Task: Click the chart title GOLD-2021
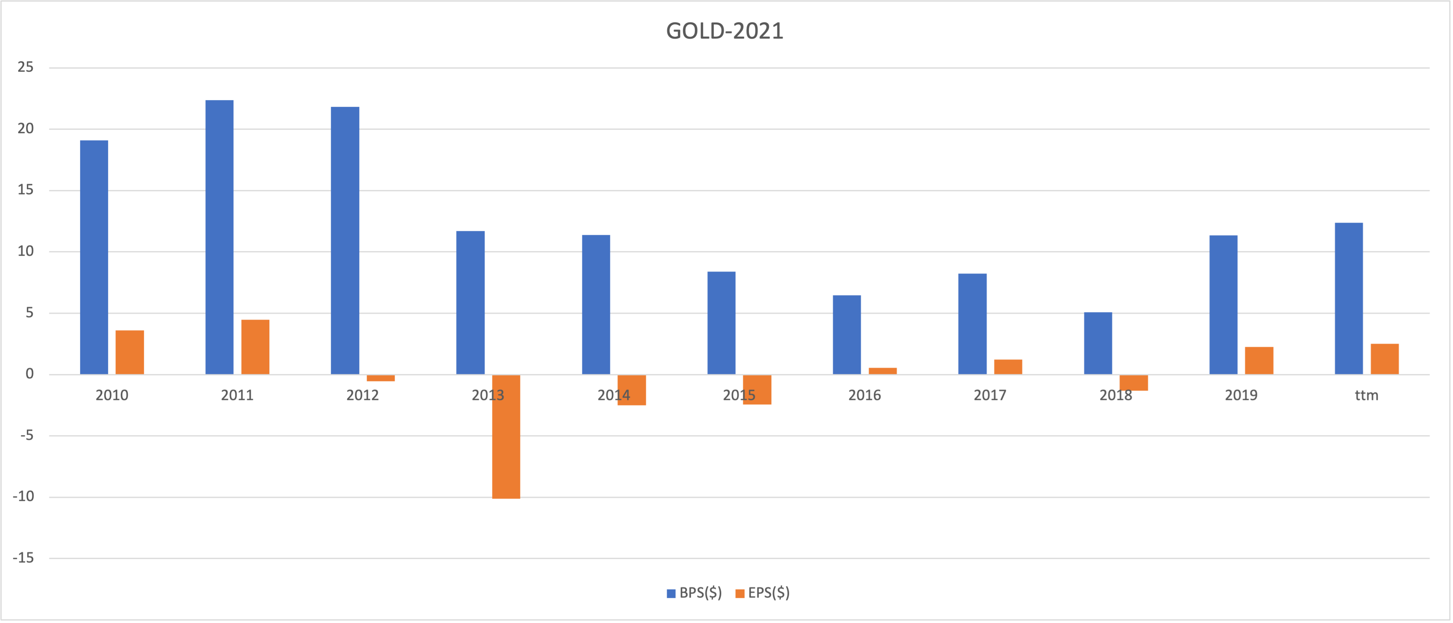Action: pyautogui.click(x=725, y=31)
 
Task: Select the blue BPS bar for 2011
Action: pyautogui.click(x=219, y=237)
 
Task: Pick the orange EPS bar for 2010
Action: pyautogui.click(x=130, y=352)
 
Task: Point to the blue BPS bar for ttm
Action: pyautogui.click(x=1349, y=298)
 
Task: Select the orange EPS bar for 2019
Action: pyautogui.click(x=1259, y=361)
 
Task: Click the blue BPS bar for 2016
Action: pyautogui.click(x=847, y=335)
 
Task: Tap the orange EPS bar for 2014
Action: pyautogui.click(x=632, y=390)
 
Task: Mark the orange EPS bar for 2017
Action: pyautogui.click(x=1008, y=367)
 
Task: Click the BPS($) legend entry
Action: pyautogui.click(x=694, y=593)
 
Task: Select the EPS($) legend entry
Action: pyautogui.click(x=763, y=593)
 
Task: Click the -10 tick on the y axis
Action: pyautogui.click(x=24, y=497)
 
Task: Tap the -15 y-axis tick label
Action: pyautogui.click(x=24, y=558)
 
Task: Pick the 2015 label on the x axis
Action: pyautogui.click(x=739, y=395)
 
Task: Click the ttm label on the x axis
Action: pyautogui.click(x=1366, y=395)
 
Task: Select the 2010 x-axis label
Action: pyautogui.click(x=112, y=395)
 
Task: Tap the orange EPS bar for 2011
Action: pyautogui.click(x=255, y=347)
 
